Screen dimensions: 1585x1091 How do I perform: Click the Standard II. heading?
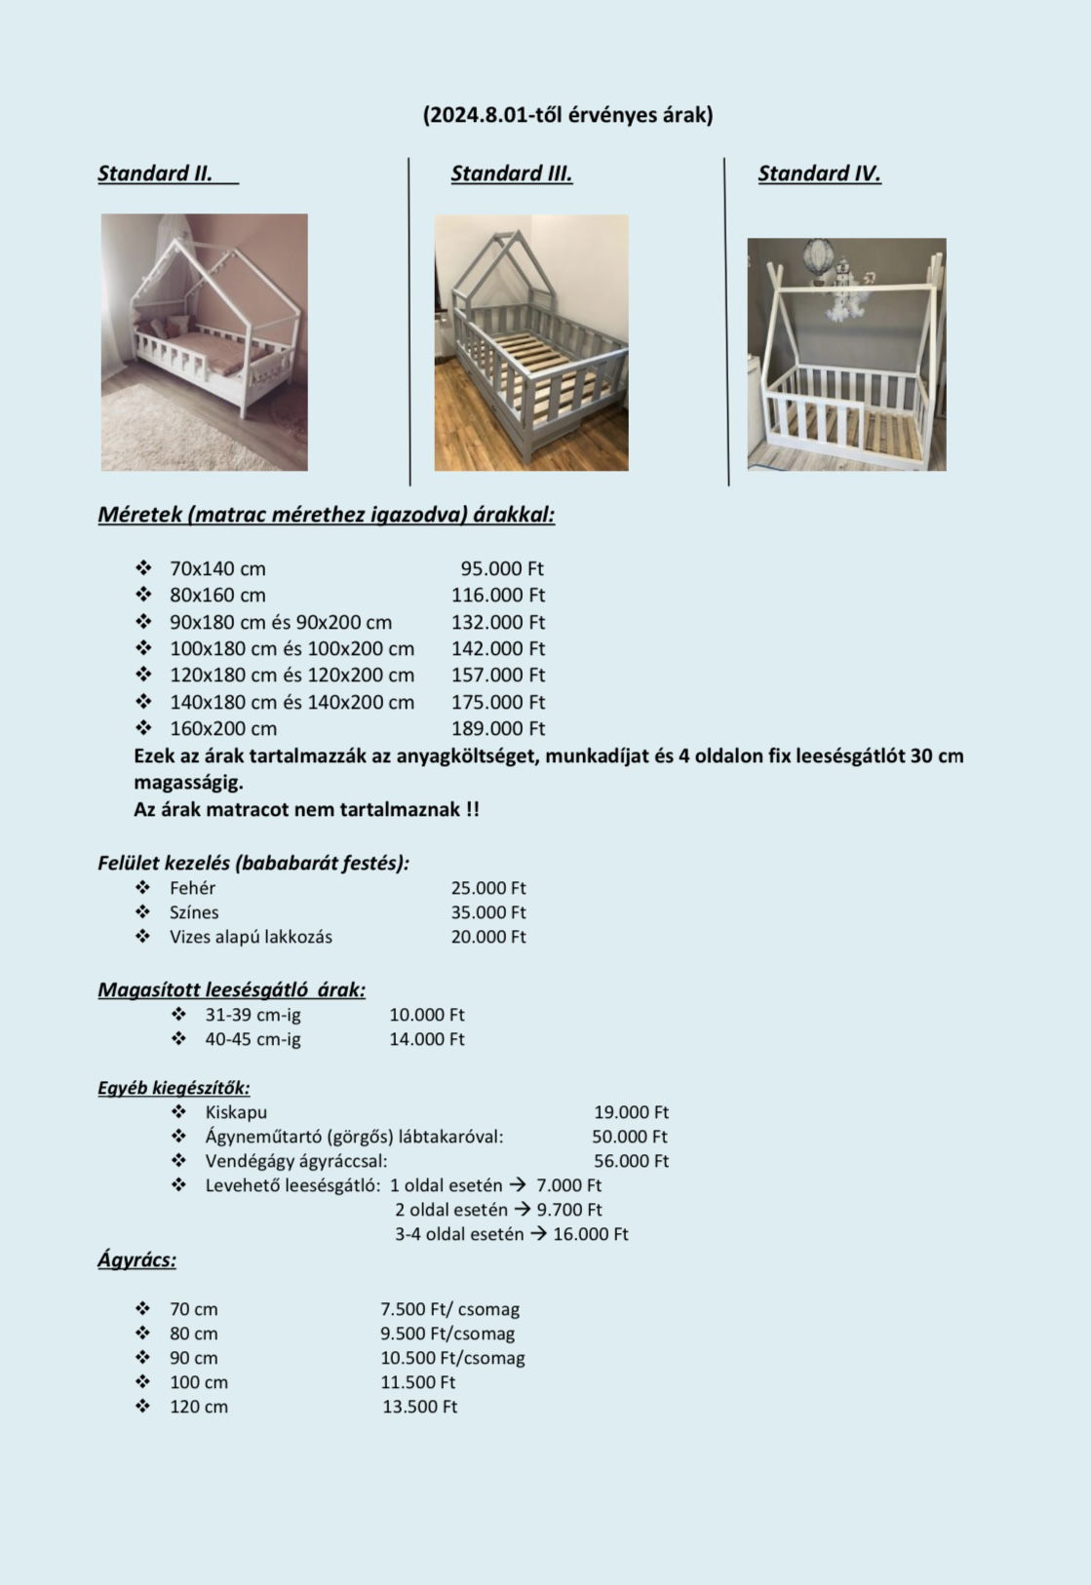click(155, 174)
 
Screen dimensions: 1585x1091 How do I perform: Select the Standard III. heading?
click(511, 174)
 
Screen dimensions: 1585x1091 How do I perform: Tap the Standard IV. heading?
click(819, 174)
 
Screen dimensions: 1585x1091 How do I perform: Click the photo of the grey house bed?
click(531, 343)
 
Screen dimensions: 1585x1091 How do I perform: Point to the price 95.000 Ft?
click(502, 568)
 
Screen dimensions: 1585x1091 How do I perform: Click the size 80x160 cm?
click(217, 595)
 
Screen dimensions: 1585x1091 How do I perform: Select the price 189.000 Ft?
click(497, 728)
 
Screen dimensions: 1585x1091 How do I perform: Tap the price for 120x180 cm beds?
click(497, 675)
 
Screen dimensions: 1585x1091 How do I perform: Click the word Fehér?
click(192, 888)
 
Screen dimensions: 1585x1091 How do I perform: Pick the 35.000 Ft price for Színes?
click(487, 912)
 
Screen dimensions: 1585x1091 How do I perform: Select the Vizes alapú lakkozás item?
click(251, 937)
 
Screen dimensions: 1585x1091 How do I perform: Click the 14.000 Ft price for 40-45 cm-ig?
click(427, 1039)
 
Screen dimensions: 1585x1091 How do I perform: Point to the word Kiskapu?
click(236, 1112)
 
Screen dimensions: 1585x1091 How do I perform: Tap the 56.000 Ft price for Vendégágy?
click(631, 1161)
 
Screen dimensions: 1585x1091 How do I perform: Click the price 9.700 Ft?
click(569, 1210)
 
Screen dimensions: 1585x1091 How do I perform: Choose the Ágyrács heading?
click(136, 1259)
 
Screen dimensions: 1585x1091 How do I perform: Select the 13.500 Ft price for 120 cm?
click(419, 1407)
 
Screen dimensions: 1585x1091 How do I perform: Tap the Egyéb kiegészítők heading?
click(174, 1088)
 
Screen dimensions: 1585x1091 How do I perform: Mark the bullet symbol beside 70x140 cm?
click(143, 567)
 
